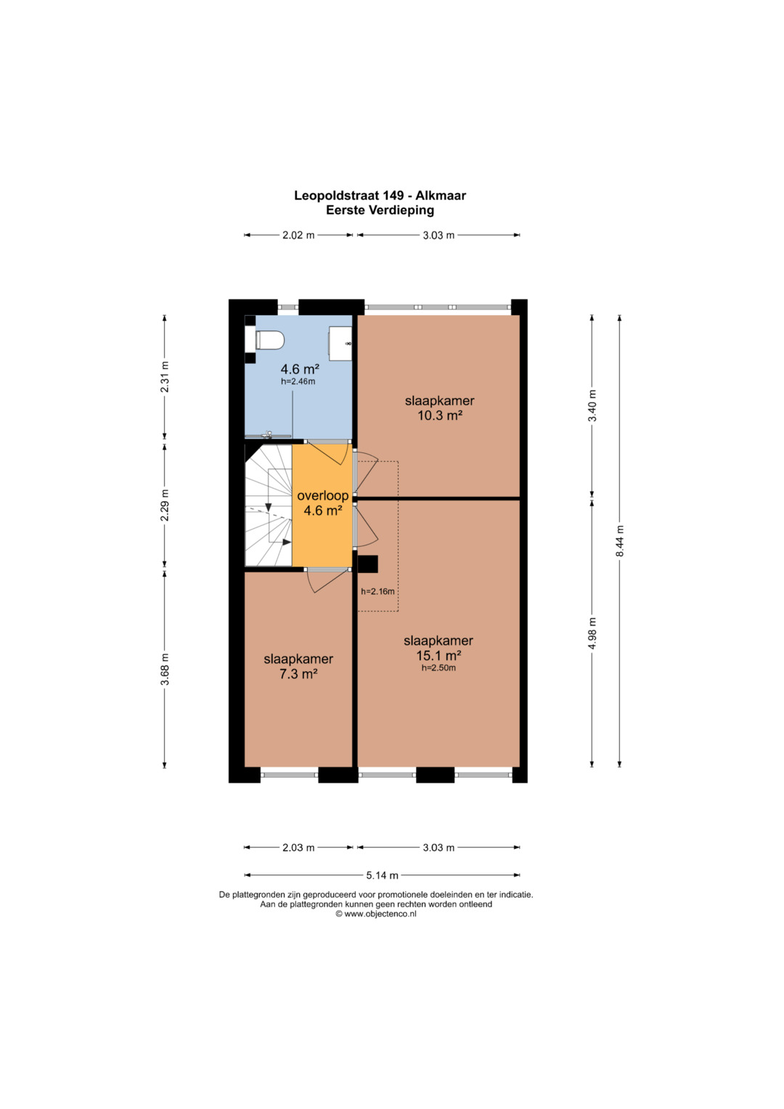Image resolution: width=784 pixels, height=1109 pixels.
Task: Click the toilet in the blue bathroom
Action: pyautogui.click(x=270, y=341)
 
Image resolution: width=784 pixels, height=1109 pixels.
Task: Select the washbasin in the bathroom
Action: pyautogui.click(x=340, y=343)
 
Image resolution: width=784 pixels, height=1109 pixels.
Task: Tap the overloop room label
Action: pyautogui.click(x=323, y=495)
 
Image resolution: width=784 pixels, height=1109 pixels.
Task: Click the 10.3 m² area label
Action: pyautogui.click(x=439, y=415)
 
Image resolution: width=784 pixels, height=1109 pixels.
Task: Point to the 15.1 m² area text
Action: pyautogui.click(x=438, y=656)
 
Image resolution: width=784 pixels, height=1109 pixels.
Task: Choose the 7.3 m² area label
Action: pyautogui.click(x=298, y=674)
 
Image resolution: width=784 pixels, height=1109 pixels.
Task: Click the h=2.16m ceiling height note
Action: pyautogui.click(x=377, y=591)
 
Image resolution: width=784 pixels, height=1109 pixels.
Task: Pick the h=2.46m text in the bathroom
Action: pyautogui.click(x=298, y=381)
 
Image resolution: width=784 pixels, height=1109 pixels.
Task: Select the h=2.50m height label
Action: pyautogui.click(x=438, y=668)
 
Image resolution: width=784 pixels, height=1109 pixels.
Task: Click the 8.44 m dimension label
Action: pyautogui.click(x=620, y=540)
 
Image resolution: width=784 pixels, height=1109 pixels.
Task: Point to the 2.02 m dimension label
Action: pyautogui.click(x=298, y=235)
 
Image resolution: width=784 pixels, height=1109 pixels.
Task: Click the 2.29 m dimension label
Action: pyautogui.click(x=165, y=505)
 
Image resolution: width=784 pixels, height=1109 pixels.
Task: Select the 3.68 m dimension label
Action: pyautogui.click(x=165, y=669)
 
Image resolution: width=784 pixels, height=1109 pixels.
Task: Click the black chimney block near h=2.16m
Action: pyautogui.click(x=368, y=564)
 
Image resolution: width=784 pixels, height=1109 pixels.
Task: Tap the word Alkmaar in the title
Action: pyautogui.click(x=441, y=195)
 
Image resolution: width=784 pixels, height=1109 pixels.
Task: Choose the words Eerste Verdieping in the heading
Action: pyautogui.click(x=380, y=210)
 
